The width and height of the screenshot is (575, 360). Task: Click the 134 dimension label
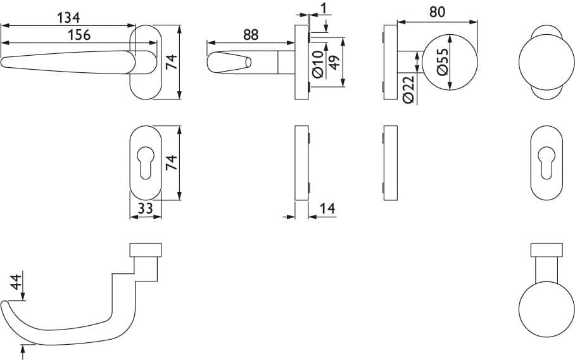(68, 18)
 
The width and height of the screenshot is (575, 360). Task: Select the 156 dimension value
(79, 35)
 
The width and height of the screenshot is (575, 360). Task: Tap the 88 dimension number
(251, 35)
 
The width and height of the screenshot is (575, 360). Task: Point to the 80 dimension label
(437, 12)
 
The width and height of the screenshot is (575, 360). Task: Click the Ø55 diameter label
(443, 61)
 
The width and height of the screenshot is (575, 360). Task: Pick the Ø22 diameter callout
(408, 89)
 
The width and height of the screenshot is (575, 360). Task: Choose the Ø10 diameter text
(318, 64)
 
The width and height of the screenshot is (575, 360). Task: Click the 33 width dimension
(145, 209)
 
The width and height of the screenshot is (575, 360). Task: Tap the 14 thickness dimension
(327, 209)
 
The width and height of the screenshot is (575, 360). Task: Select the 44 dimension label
(16, 282)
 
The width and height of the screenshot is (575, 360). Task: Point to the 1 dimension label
(323, 8)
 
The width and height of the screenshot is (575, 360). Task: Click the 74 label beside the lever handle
(171, 61)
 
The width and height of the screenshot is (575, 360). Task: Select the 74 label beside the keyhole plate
(171, 162)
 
